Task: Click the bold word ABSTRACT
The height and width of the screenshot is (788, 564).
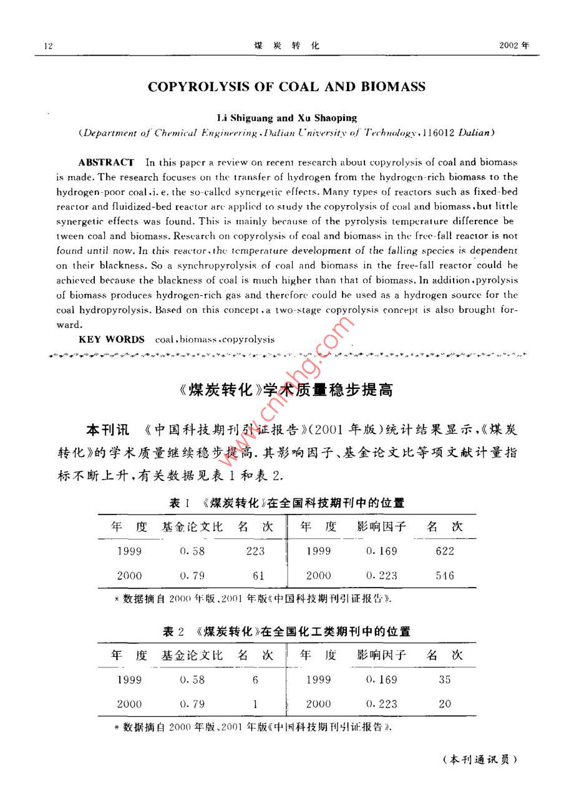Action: (x=106, y=162)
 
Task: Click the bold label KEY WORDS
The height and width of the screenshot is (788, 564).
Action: (x=112, y=340)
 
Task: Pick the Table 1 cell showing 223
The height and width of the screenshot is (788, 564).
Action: (x=255, y=551)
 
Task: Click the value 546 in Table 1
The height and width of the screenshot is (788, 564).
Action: (x=445, y=576)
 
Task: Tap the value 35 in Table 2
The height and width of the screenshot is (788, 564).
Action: (x=445, y=679)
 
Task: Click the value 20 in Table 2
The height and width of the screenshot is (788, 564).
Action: (x=445, y=704)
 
